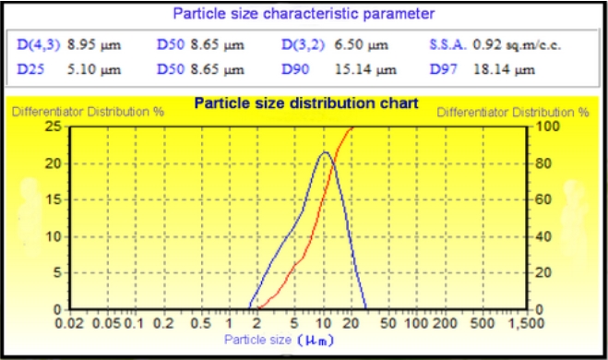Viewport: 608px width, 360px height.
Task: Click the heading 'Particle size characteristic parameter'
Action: (x=304, y=14)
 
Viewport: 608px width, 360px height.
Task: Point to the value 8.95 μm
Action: (x=96, y=44)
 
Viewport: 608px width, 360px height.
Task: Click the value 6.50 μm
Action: (x=378, y=44)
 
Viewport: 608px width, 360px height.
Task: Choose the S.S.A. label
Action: (x=447, y=44)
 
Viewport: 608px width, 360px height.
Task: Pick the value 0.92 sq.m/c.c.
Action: (x=517, y=44)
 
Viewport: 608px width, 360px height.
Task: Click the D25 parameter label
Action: (x=30, y=68)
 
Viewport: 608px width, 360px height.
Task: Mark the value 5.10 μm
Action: (x=96, y=68)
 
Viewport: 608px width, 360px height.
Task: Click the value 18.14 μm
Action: (x=504, y=68)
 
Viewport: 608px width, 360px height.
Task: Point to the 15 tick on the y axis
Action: (x=54, y=199)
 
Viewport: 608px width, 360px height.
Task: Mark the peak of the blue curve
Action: (x=324, y=152)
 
